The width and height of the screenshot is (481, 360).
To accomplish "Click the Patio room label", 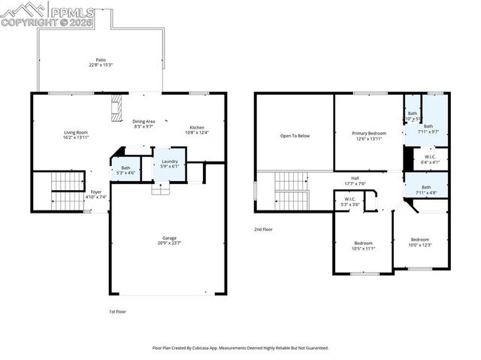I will [x=100, y=62].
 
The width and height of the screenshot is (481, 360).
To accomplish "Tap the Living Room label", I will [x=75, y=135].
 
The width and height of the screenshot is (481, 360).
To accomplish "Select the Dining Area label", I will [x=144, y=124].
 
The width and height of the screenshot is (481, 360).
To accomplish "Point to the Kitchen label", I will [x=196, y=129].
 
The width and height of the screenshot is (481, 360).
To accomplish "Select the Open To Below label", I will [x=295, y=136].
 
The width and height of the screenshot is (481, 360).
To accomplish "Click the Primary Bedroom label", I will [x=369, y=135].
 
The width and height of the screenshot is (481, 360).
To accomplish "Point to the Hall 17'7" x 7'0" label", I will [x=354, y=181].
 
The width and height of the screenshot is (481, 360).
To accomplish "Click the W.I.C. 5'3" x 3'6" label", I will [x=350, y=201].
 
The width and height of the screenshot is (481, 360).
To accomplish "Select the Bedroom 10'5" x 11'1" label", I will [x=363, y=246].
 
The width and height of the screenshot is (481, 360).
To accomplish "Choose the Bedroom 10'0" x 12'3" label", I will [x=419, y=242].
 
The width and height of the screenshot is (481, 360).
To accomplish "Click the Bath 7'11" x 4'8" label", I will [x=426, y=189].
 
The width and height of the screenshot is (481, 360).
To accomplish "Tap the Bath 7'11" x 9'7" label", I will [x=428, y=129].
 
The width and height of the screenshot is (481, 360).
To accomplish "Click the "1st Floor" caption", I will [x=117, y=310].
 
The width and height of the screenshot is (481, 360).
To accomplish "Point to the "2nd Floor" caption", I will [x=264, y=229].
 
